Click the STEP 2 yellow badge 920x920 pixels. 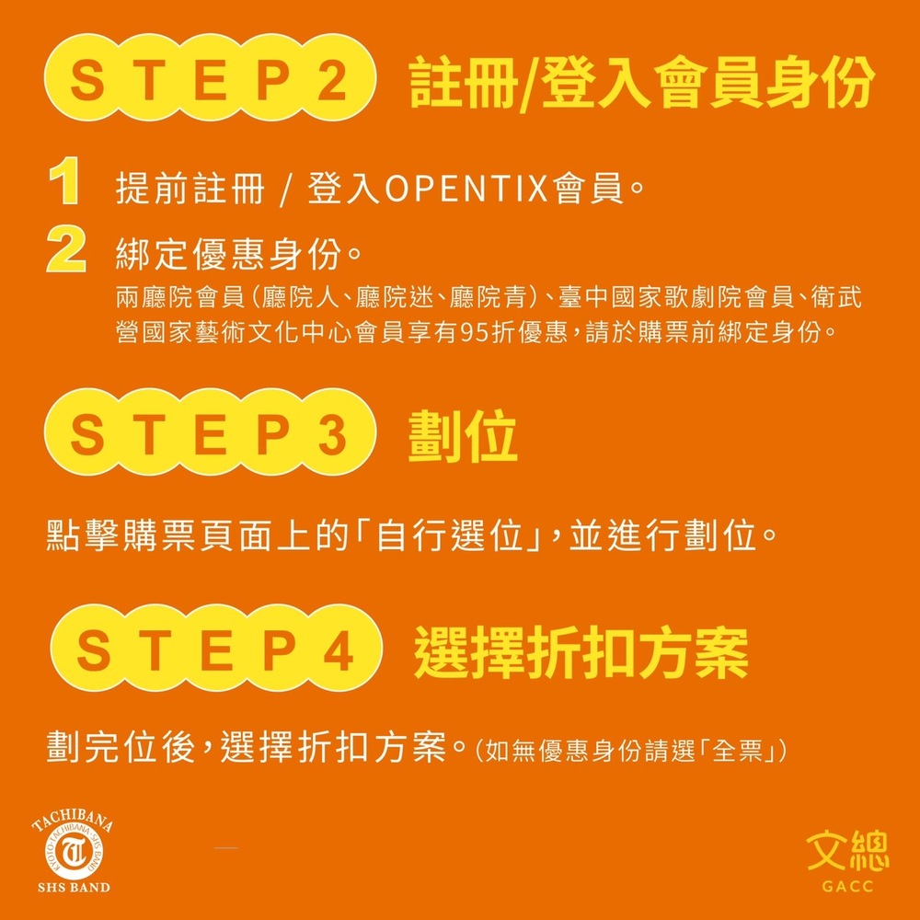pos(210,77)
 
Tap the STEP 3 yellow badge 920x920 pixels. pos(210,431)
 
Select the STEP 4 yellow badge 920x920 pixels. pos(216,648)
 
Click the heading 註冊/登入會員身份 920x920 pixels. pos(642,82)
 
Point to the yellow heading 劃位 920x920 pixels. pos(463,435)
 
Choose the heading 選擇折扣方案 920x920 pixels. pos(581,652)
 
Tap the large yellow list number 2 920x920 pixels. pos(66,250)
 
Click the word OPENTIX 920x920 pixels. pos(466,189)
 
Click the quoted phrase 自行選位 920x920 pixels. pos(450,535)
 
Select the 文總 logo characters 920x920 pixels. pos(847,850)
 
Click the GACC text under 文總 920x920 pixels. pos(848,886)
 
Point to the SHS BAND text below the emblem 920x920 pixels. pos(74,887)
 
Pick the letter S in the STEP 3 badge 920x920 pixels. pos(87,434)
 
